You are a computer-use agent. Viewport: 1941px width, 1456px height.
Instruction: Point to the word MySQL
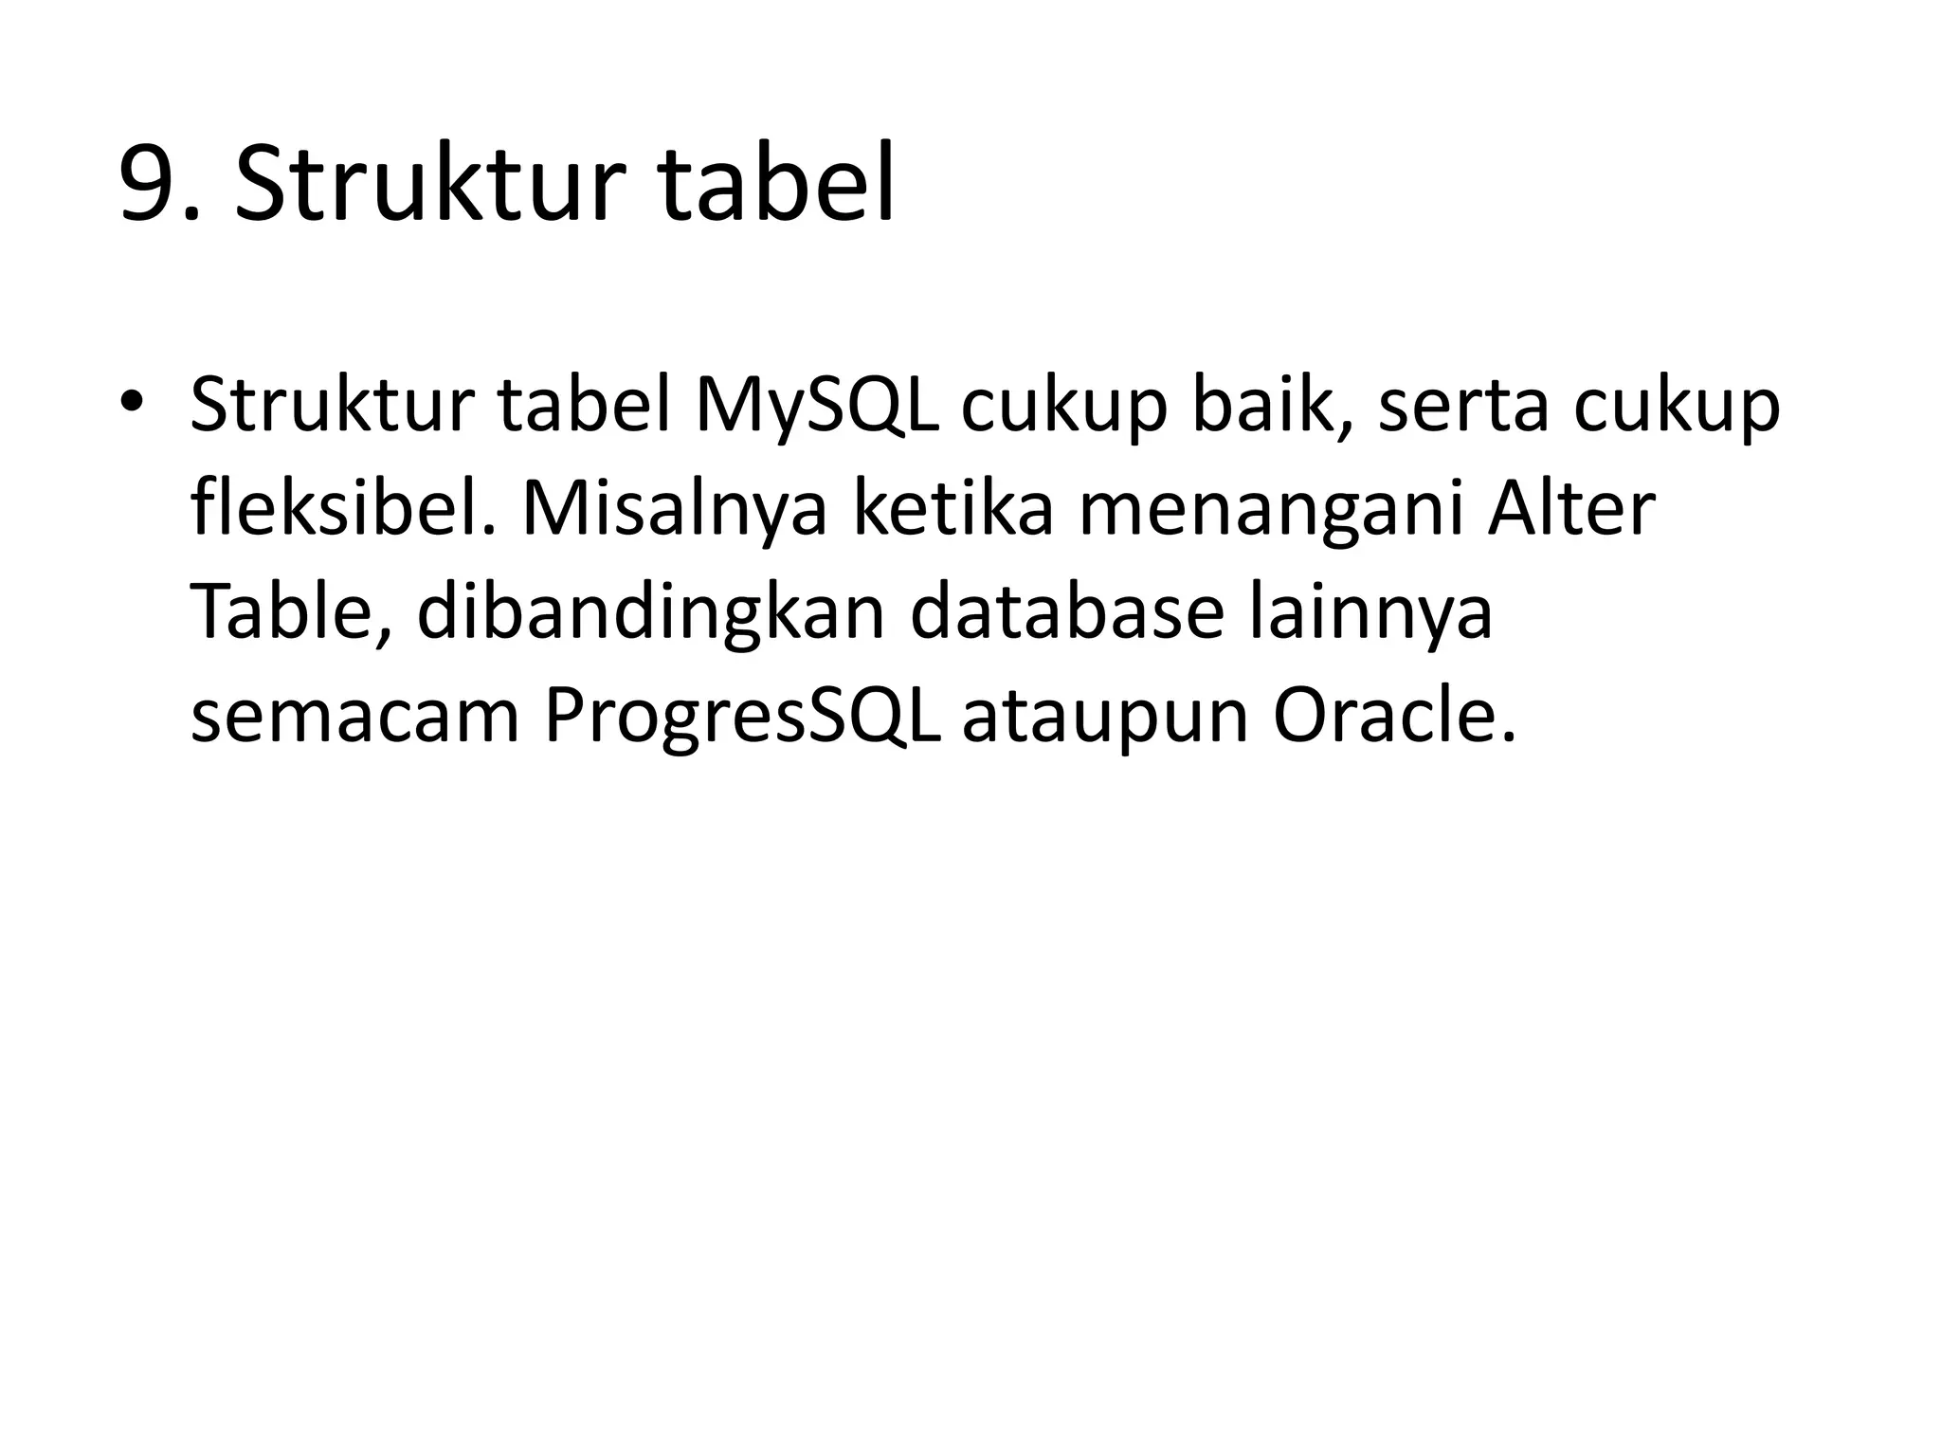[x=817, y=406]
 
